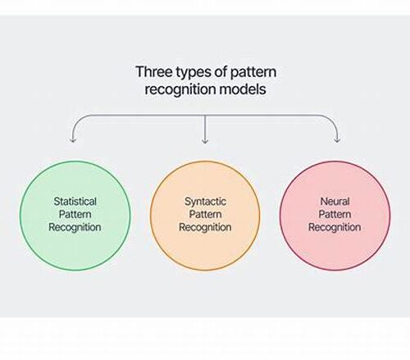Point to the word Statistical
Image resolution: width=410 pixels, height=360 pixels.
tap(75, 202)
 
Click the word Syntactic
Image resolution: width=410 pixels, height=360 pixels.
tap(205, 202)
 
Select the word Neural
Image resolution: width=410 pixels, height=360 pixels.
tap(335, 202)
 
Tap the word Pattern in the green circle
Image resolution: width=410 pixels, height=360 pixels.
tap(75, 214)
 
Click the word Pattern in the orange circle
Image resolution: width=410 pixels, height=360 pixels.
tap(205, 214)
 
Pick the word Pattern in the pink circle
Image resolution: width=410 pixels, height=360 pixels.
tap(335, 214)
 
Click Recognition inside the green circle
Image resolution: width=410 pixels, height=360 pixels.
tap(75, 227)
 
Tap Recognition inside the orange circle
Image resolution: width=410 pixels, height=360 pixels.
tap(205, 227)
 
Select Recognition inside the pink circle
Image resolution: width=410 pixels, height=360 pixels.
tap(335, 227)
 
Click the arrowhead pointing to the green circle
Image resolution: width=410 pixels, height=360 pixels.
tap(72, 140)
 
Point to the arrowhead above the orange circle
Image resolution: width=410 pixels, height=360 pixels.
tap(205, 140)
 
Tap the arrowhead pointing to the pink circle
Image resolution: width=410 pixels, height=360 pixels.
tap(337, 140)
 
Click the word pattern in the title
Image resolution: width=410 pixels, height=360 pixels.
tap(253, 73)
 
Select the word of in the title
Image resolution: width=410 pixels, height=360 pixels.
tap(220, 71)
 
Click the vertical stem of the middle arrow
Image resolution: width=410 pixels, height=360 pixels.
tap(205, 129)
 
